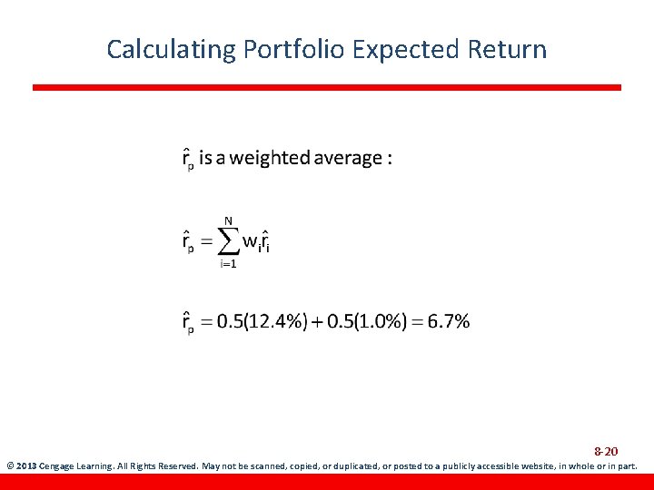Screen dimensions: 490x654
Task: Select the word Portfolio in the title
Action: click(294, 49)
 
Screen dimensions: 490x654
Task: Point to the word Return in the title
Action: click(510, 49)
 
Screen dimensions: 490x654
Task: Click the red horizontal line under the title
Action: click(327, 87)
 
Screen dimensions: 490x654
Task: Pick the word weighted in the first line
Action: click(270, 158)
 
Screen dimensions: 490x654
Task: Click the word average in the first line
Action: click(348, 158)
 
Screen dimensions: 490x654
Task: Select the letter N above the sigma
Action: click(229, 219)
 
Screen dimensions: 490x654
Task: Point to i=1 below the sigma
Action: click(228, 265)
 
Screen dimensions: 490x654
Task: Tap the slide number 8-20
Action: click(606, 451)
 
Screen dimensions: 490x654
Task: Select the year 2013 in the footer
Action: click(27, 466)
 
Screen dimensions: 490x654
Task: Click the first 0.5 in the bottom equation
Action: click(229, 321)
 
